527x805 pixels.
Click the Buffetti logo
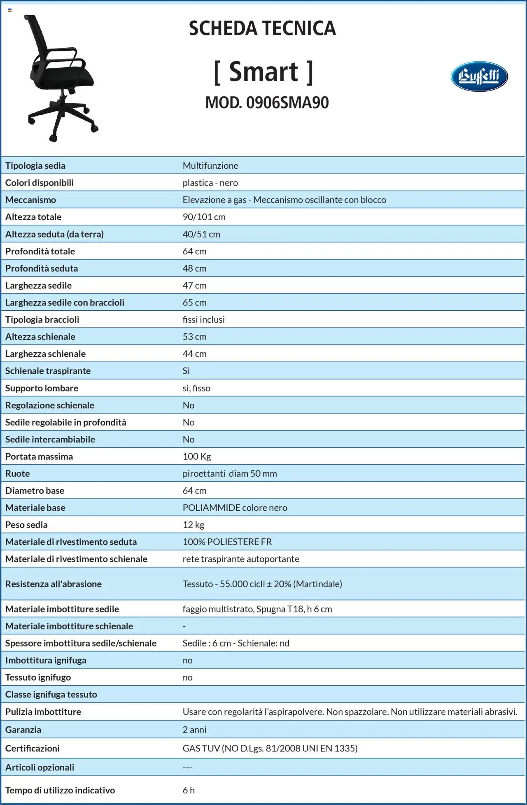(x=479, y=77)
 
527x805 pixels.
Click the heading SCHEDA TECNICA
(x=262, y=28)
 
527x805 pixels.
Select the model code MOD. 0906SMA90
(x=267, y=102)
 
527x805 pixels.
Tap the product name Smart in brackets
(x=263, y=72)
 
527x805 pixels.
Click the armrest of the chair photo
(x=62, y=55)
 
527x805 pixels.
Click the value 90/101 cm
(x=204, y=217)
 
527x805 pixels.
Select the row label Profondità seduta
(x=41, y=268)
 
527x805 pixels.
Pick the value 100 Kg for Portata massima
(x=196, y=456)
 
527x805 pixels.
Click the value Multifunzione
(x=210, y=165)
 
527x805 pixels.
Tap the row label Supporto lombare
(x=42, y=388)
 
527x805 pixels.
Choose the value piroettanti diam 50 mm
(x=229, y=474)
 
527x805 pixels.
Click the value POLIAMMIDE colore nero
(x=235, y=508)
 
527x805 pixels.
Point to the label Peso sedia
(x=26, y=525)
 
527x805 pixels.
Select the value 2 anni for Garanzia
(x=194, y=730)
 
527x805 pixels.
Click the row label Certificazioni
(x=32, y=748)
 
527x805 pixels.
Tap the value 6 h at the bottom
(x=188, y=790)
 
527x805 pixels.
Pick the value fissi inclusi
(x=203, y=320)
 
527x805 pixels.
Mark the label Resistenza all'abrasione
(x=53, y=584)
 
